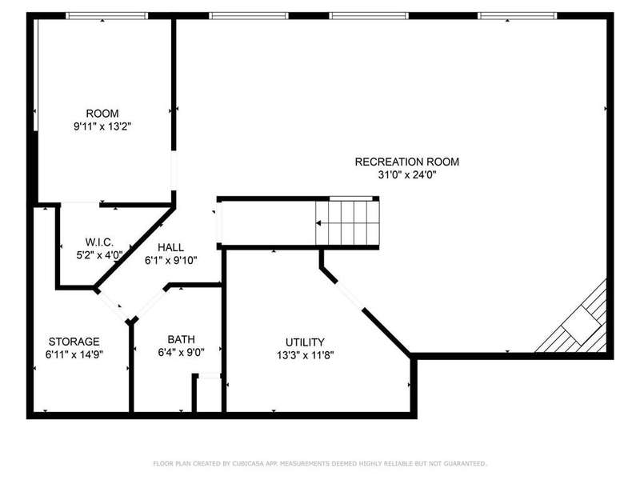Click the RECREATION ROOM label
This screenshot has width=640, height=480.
(x=407, y=162)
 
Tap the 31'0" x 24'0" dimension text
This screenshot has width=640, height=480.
(x=407, y=175)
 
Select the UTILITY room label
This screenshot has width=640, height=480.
(x=305, y=342)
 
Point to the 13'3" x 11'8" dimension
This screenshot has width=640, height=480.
(x=306, y=355)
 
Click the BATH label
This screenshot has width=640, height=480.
(x=182, y=339)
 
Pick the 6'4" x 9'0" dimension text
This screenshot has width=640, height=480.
(x=182, y=352)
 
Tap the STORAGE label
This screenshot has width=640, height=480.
(x=74, y=342)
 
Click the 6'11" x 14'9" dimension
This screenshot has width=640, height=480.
(x=74, y=354)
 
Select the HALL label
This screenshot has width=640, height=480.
(x=170, y=247)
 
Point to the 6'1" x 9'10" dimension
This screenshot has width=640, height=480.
(x=170, y=261)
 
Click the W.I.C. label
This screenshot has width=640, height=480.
(x=99, y=242)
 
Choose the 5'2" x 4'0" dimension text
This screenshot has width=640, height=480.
(x=99, y=255)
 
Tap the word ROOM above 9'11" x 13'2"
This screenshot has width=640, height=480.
(x=102, y=114)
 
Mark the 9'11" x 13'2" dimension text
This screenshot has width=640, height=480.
(x=102, y=126)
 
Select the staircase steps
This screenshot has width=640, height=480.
(x=347, y=223)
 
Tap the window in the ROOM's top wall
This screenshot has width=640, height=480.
(x=106, y=16)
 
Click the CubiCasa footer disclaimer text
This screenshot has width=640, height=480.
(x=320, y=464)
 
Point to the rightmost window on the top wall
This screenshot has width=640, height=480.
(x=518, y=16)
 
